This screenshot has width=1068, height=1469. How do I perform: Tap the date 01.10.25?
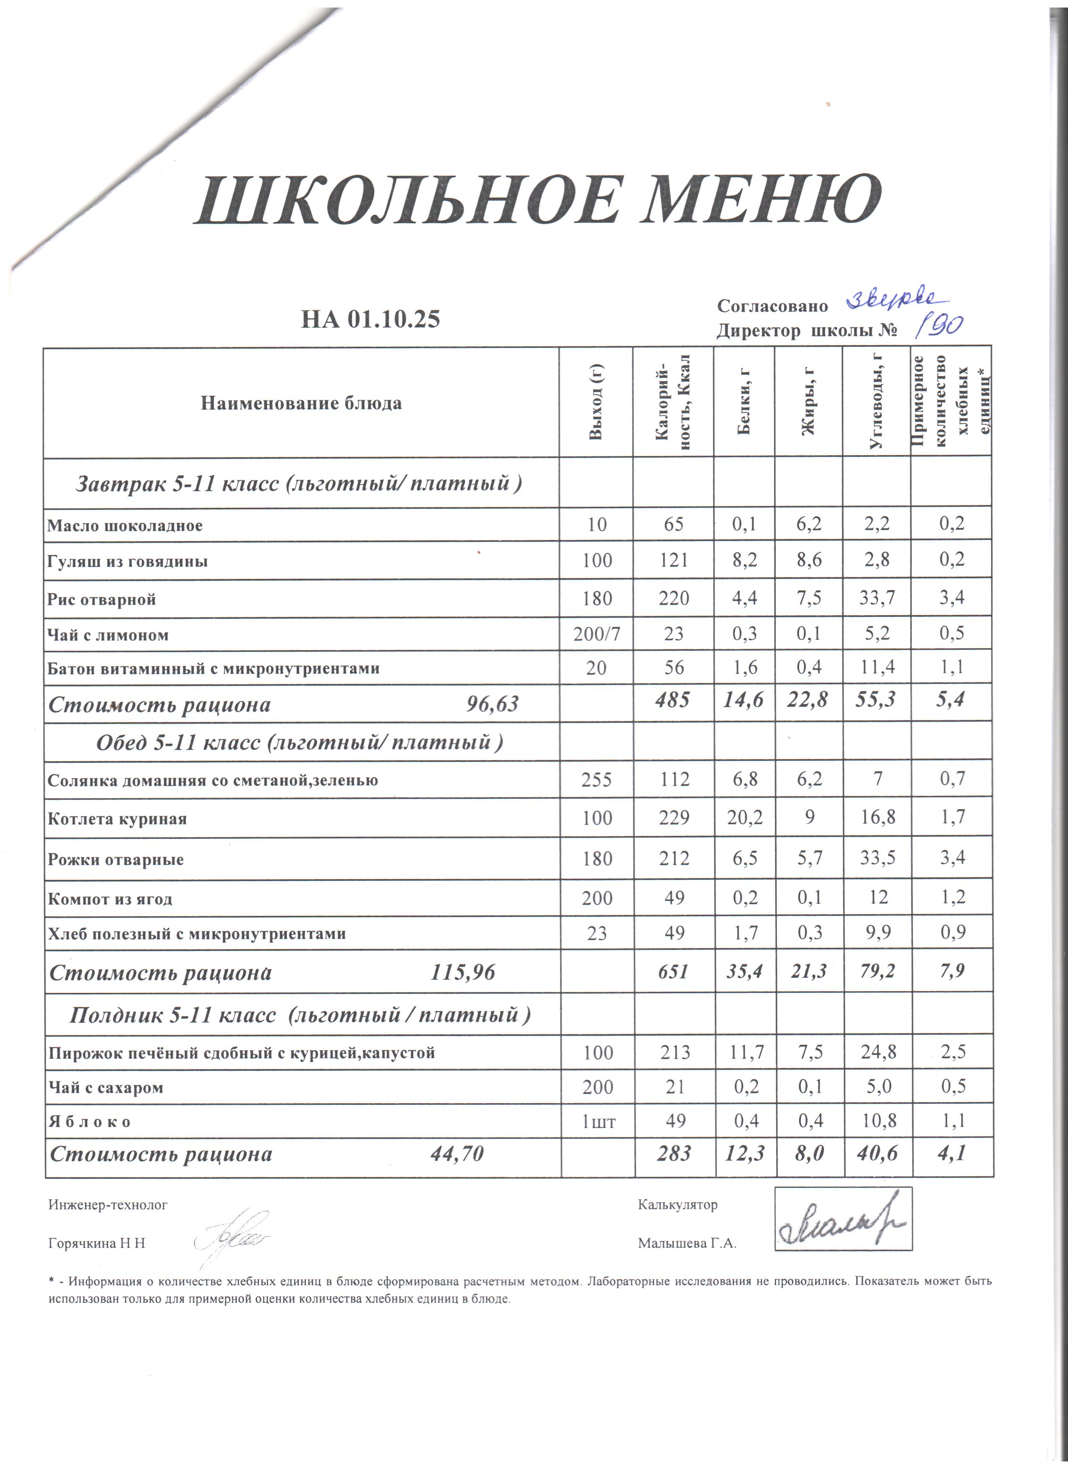click(394, 320)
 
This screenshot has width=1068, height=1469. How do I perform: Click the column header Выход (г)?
click(596, 402)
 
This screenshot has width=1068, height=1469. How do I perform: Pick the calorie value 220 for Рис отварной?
click(673, 598)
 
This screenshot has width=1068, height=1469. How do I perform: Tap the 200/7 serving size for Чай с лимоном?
click(596, 634)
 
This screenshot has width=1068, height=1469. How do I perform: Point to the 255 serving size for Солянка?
click(596, 779)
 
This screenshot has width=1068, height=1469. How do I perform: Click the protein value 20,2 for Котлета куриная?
click(745, 817)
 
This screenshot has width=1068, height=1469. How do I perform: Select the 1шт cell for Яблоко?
click(598, 1121)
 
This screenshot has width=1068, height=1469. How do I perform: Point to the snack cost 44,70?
click(457, 1154)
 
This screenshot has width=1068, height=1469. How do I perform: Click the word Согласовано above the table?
click(772, 307)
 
